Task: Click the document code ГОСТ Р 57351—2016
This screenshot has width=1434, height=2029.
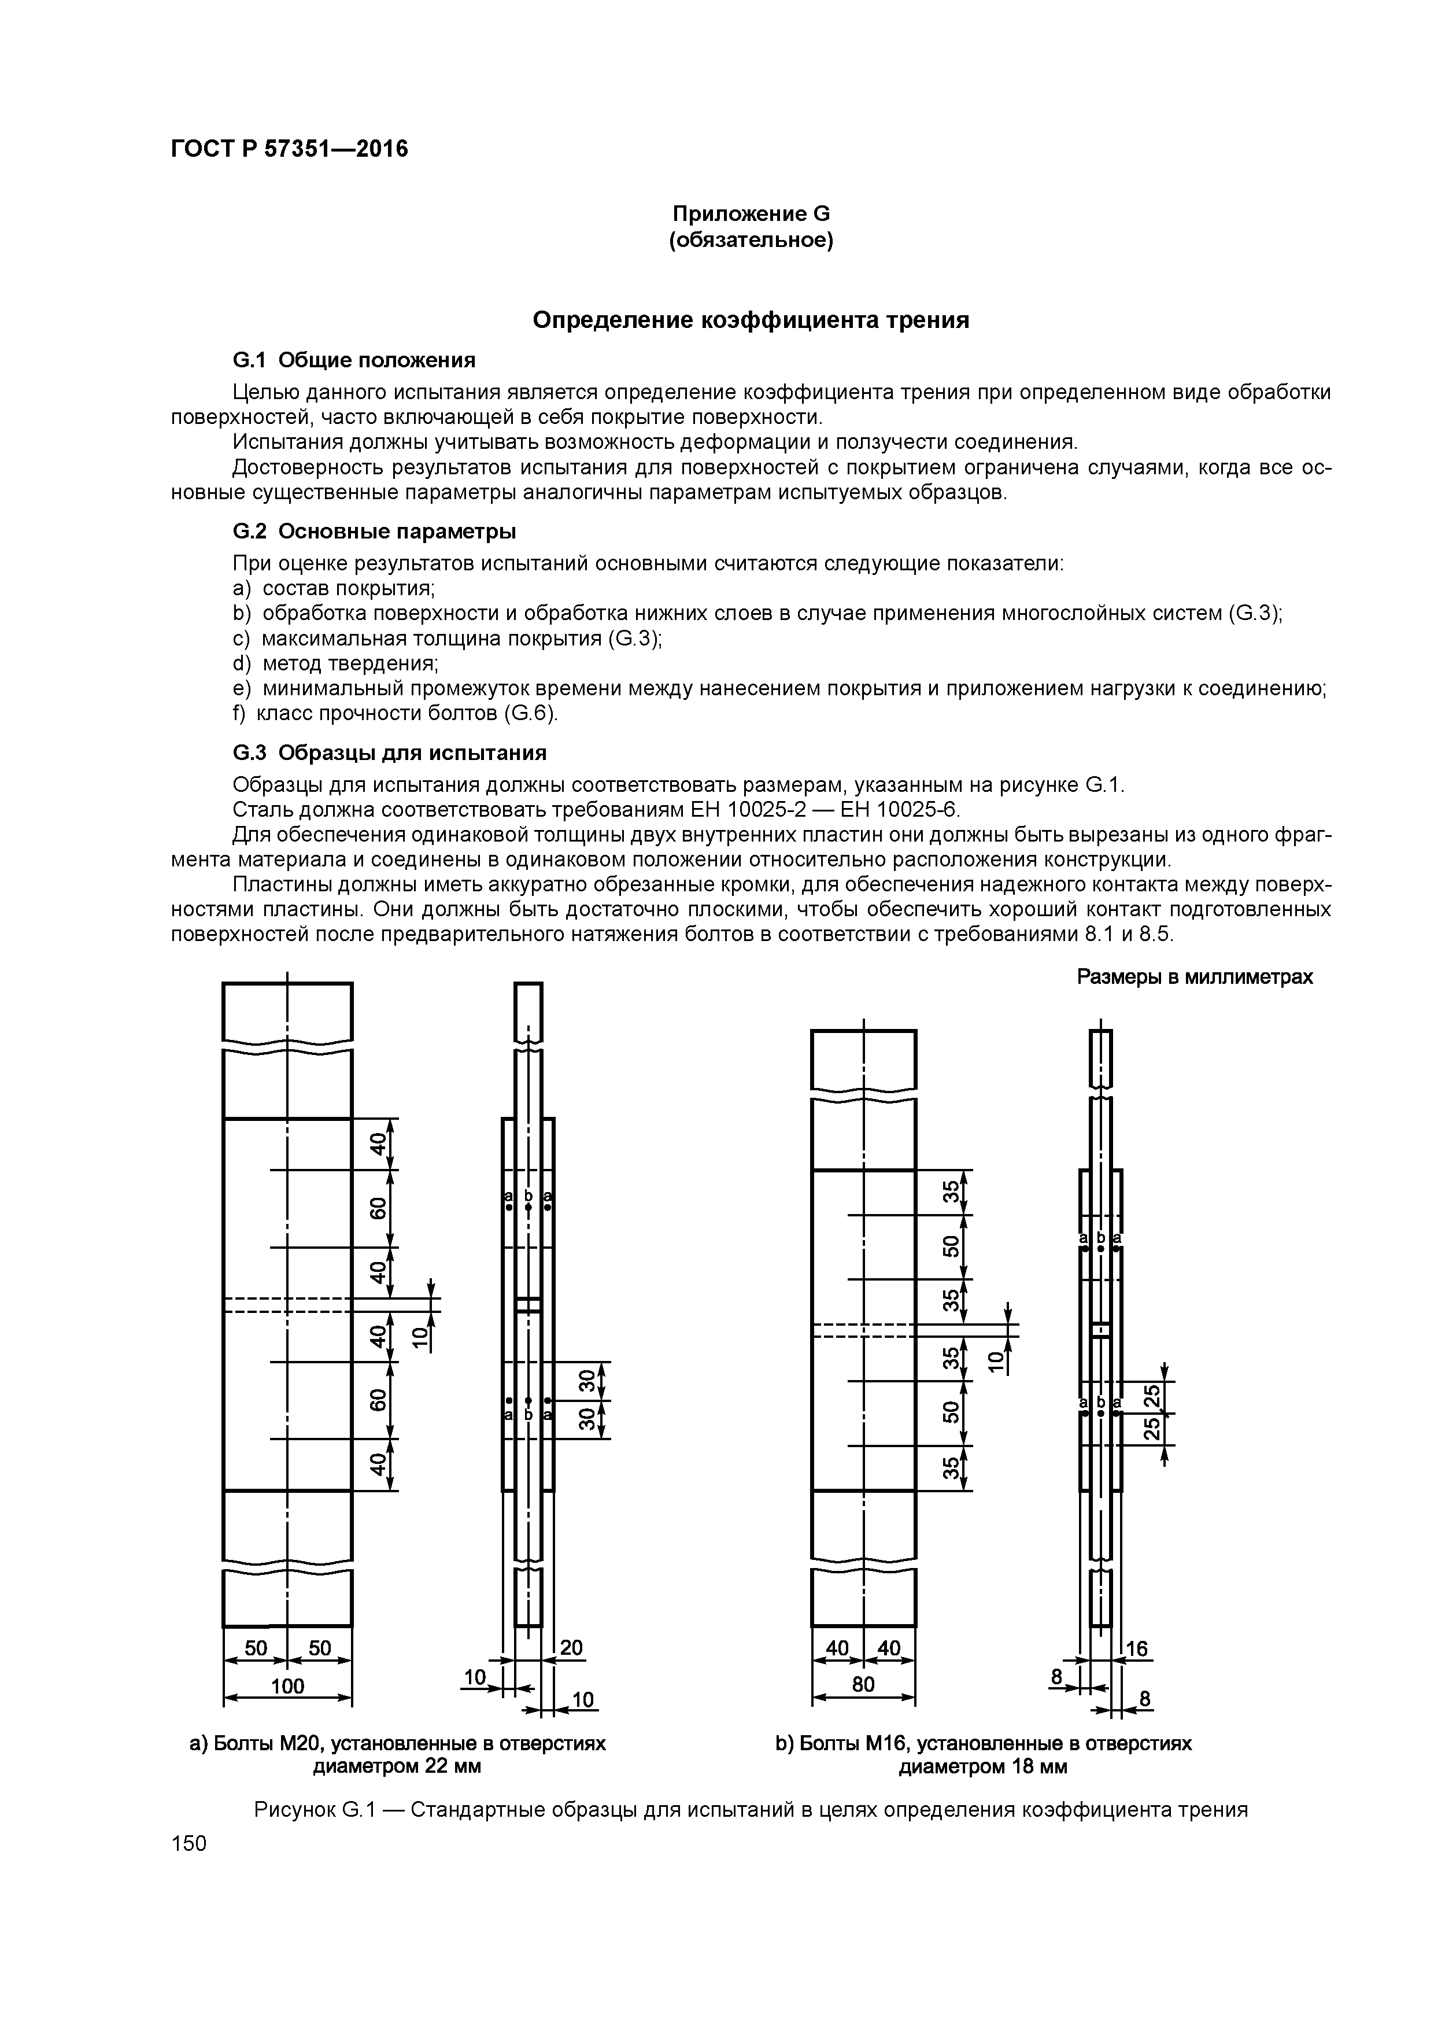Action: (289, 149)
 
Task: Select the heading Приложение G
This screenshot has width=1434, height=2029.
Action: (751, 214)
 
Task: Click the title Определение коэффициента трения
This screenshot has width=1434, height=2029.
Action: (751, 320)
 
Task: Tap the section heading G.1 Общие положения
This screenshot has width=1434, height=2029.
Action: (353, 360)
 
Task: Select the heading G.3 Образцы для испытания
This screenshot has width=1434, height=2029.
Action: (389, 752)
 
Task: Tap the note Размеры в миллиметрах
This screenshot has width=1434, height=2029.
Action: (1195, 976)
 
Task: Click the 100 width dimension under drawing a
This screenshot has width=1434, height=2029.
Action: (287, 1685)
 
